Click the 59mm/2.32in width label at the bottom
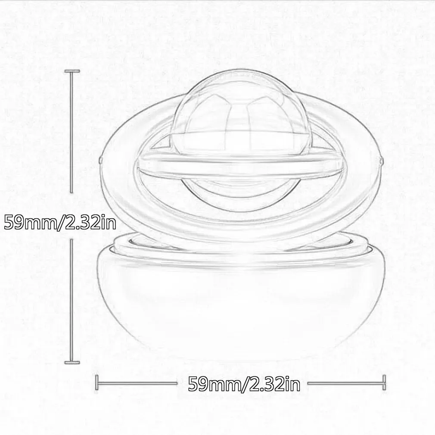click(244, 382)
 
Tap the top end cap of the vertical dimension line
click(71, 71)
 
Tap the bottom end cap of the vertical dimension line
click(71, 362)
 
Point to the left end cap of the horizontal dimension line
click(97, 382)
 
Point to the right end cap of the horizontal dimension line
click(383, 382)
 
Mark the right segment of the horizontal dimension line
click(345, 382)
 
